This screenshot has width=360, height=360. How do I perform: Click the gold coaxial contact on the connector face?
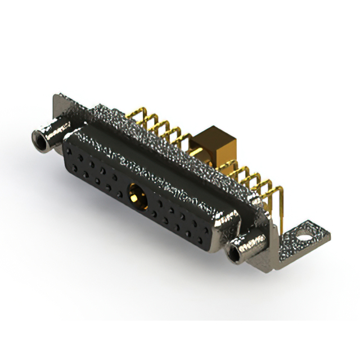[x=136, y=196]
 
